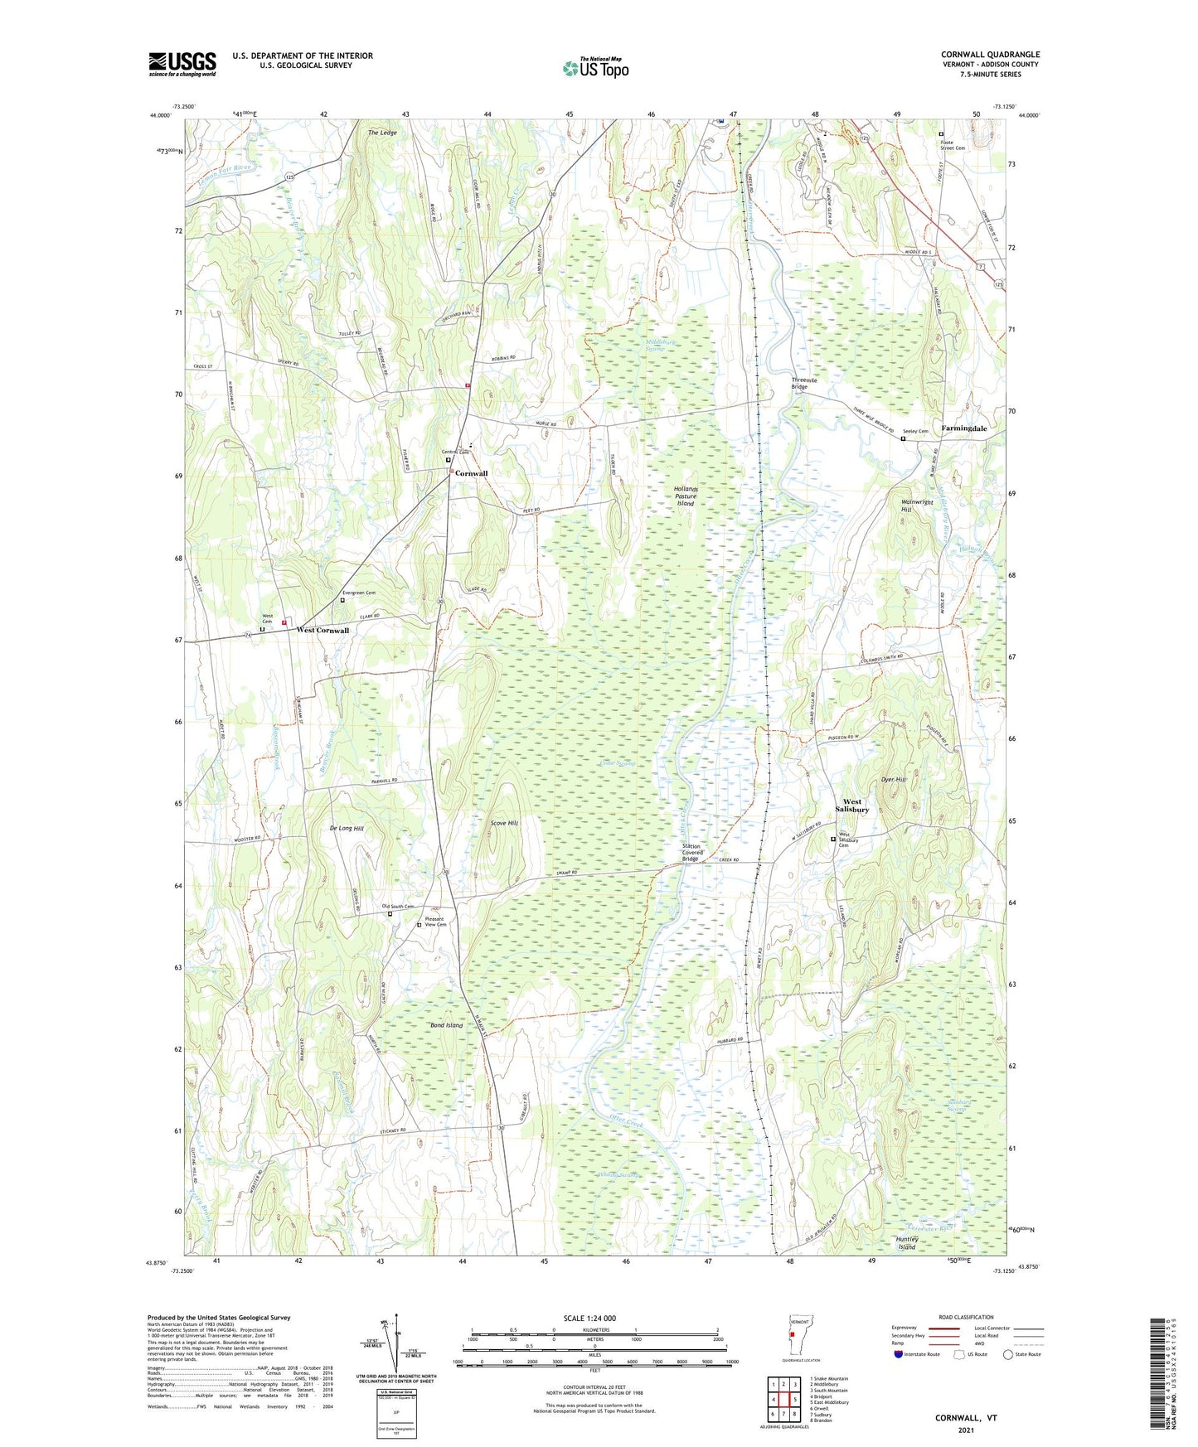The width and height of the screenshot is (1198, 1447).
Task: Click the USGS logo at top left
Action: [182, 64]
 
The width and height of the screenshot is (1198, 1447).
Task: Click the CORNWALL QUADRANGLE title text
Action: [990, 55]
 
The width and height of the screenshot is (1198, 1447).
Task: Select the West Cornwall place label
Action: [323, 631]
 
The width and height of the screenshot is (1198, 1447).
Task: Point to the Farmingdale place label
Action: [963, 428]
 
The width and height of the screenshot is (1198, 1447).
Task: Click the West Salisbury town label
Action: [852, 806]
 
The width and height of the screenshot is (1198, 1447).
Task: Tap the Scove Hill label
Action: [504, 823]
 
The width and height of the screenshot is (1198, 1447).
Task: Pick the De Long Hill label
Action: [347, 828]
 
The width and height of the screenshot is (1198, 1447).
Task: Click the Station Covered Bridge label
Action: [692, 852]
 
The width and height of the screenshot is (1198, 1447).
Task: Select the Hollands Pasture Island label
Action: [686, 496]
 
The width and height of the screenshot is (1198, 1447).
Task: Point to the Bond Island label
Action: [446, 1025]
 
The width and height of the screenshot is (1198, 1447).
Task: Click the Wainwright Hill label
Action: [916, 506]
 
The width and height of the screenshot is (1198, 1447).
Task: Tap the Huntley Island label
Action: [907, 1243]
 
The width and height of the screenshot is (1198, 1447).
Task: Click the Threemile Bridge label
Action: [804, 383]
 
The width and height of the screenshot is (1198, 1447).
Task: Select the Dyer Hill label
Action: [894, 780]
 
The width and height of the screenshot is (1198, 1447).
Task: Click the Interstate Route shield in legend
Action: [899, 1354]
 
